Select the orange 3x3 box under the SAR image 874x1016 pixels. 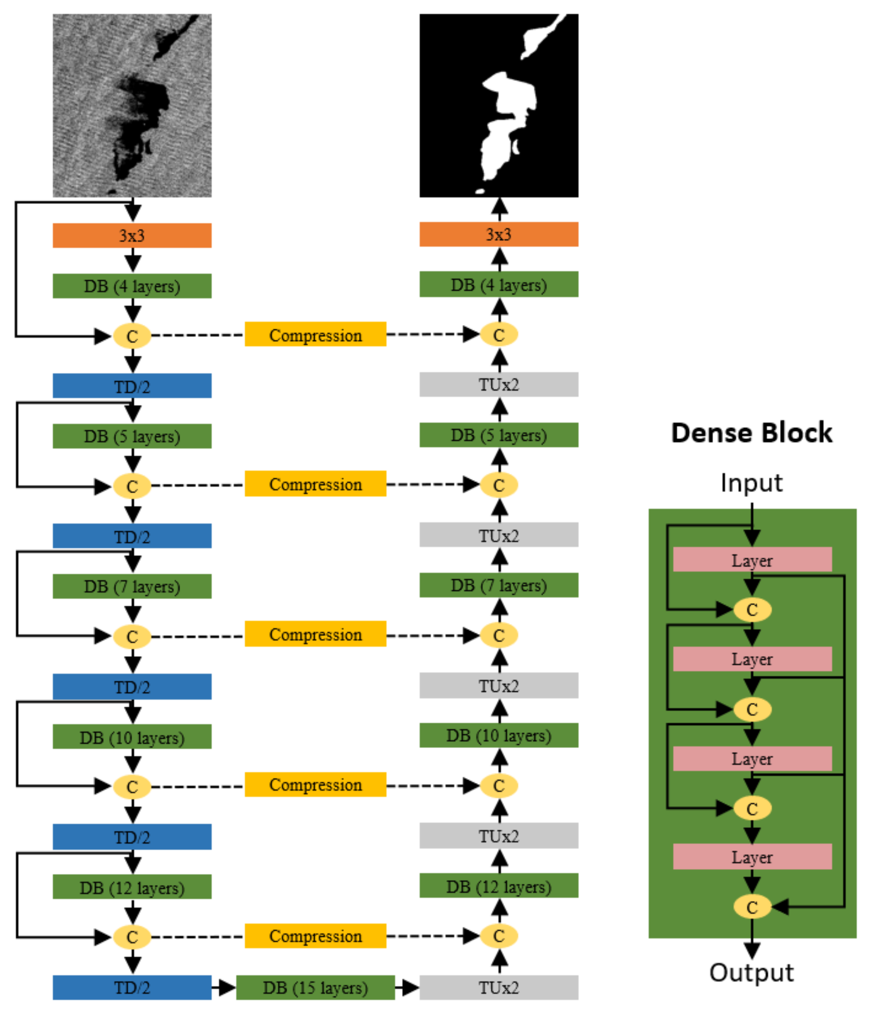(132, 235)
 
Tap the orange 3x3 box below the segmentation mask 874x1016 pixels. (499, 234)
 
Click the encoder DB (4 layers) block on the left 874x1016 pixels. (132, 286)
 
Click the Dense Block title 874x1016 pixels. (751, 432)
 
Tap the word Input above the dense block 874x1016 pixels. (751, 483)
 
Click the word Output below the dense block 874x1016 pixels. (751, 973)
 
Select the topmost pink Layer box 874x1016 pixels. (752, 559)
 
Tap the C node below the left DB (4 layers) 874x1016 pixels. (132, 336)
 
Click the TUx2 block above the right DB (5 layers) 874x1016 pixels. (499, 385)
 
